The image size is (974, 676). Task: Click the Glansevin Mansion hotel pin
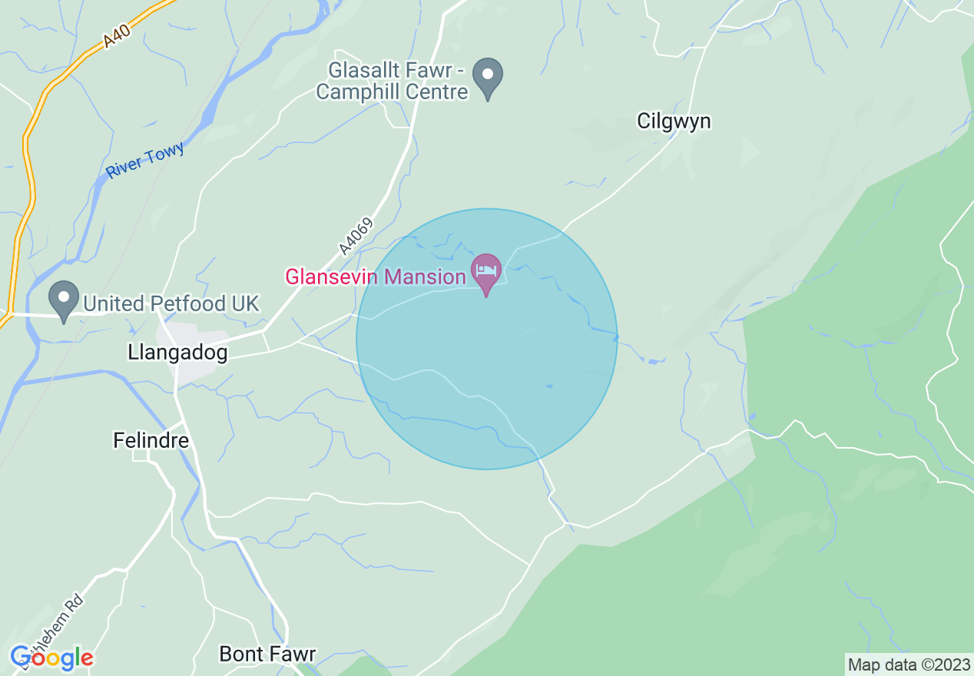coord(486,271)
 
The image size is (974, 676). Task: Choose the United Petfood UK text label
coord(171,304)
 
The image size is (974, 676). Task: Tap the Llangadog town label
coord(177,353)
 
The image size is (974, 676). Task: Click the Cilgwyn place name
coord(674,121)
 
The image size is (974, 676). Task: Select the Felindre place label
coord(151,440)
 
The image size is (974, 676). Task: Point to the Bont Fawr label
coord(267,654)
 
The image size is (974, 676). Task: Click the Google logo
coord(51,658)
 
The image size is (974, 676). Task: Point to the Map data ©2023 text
coord(909,664)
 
